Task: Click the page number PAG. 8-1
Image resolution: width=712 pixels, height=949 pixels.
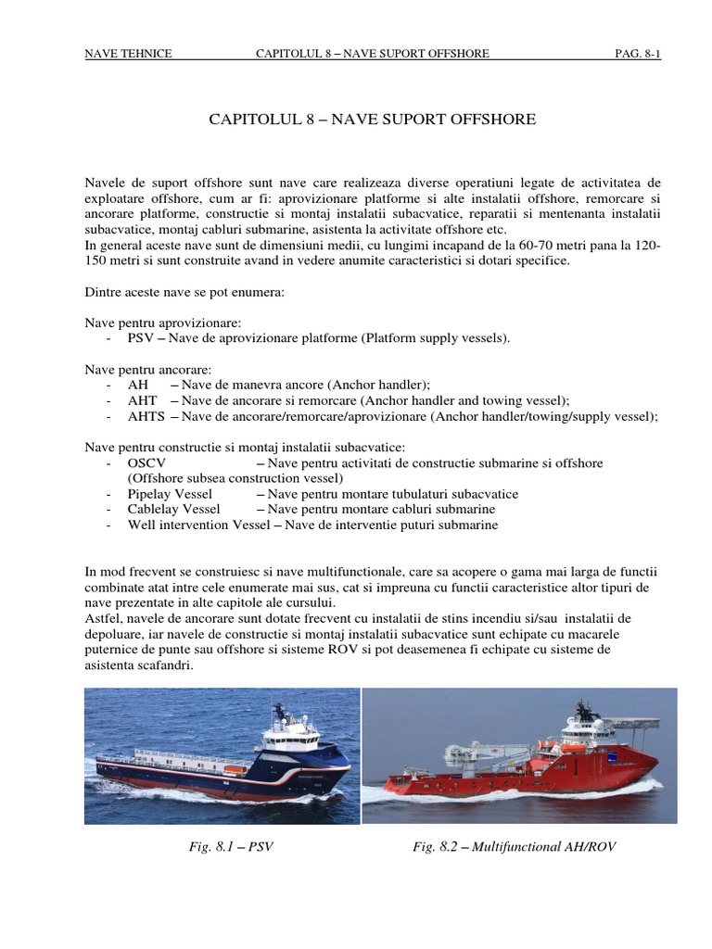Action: click(x=637, y=54)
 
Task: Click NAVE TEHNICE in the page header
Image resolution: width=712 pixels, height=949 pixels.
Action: click(x=128, y=54)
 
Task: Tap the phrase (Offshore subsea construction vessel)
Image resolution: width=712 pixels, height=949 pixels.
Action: click(x=235, y=478)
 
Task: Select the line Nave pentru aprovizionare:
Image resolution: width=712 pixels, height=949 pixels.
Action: click(x=163, y=323)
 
